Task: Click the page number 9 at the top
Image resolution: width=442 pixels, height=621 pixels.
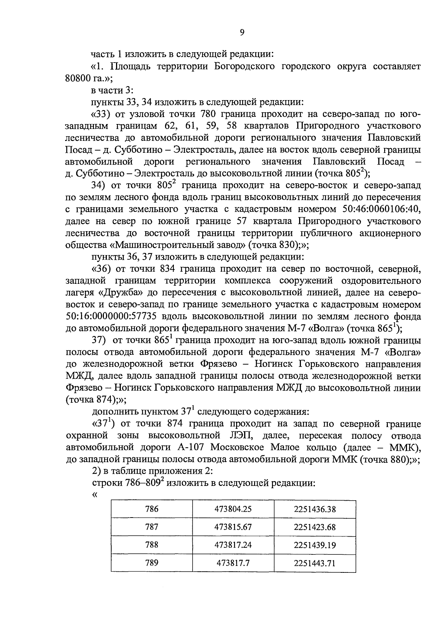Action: tap(242, 33)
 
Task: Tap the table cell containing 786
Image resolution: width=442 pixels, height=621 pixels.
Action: tap(151, 509)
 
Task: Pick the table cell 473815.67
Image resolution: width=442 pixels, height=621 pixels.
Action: tap(233, 527)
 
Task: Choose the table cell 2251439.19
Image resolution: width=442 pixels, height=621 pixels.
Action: tap(315, 545)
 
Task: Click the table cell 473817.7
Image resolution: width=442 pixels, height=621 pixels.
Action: tap(233, 563)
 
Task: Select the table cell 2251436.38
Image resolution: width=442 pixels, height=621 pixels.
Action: tap(315, 509)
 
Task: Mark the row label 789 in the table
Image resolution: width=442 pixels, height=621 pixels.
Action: tap(151, 562)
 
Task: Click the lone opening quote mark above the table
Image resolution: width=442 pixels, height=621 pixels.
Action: tap(94, 494)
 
